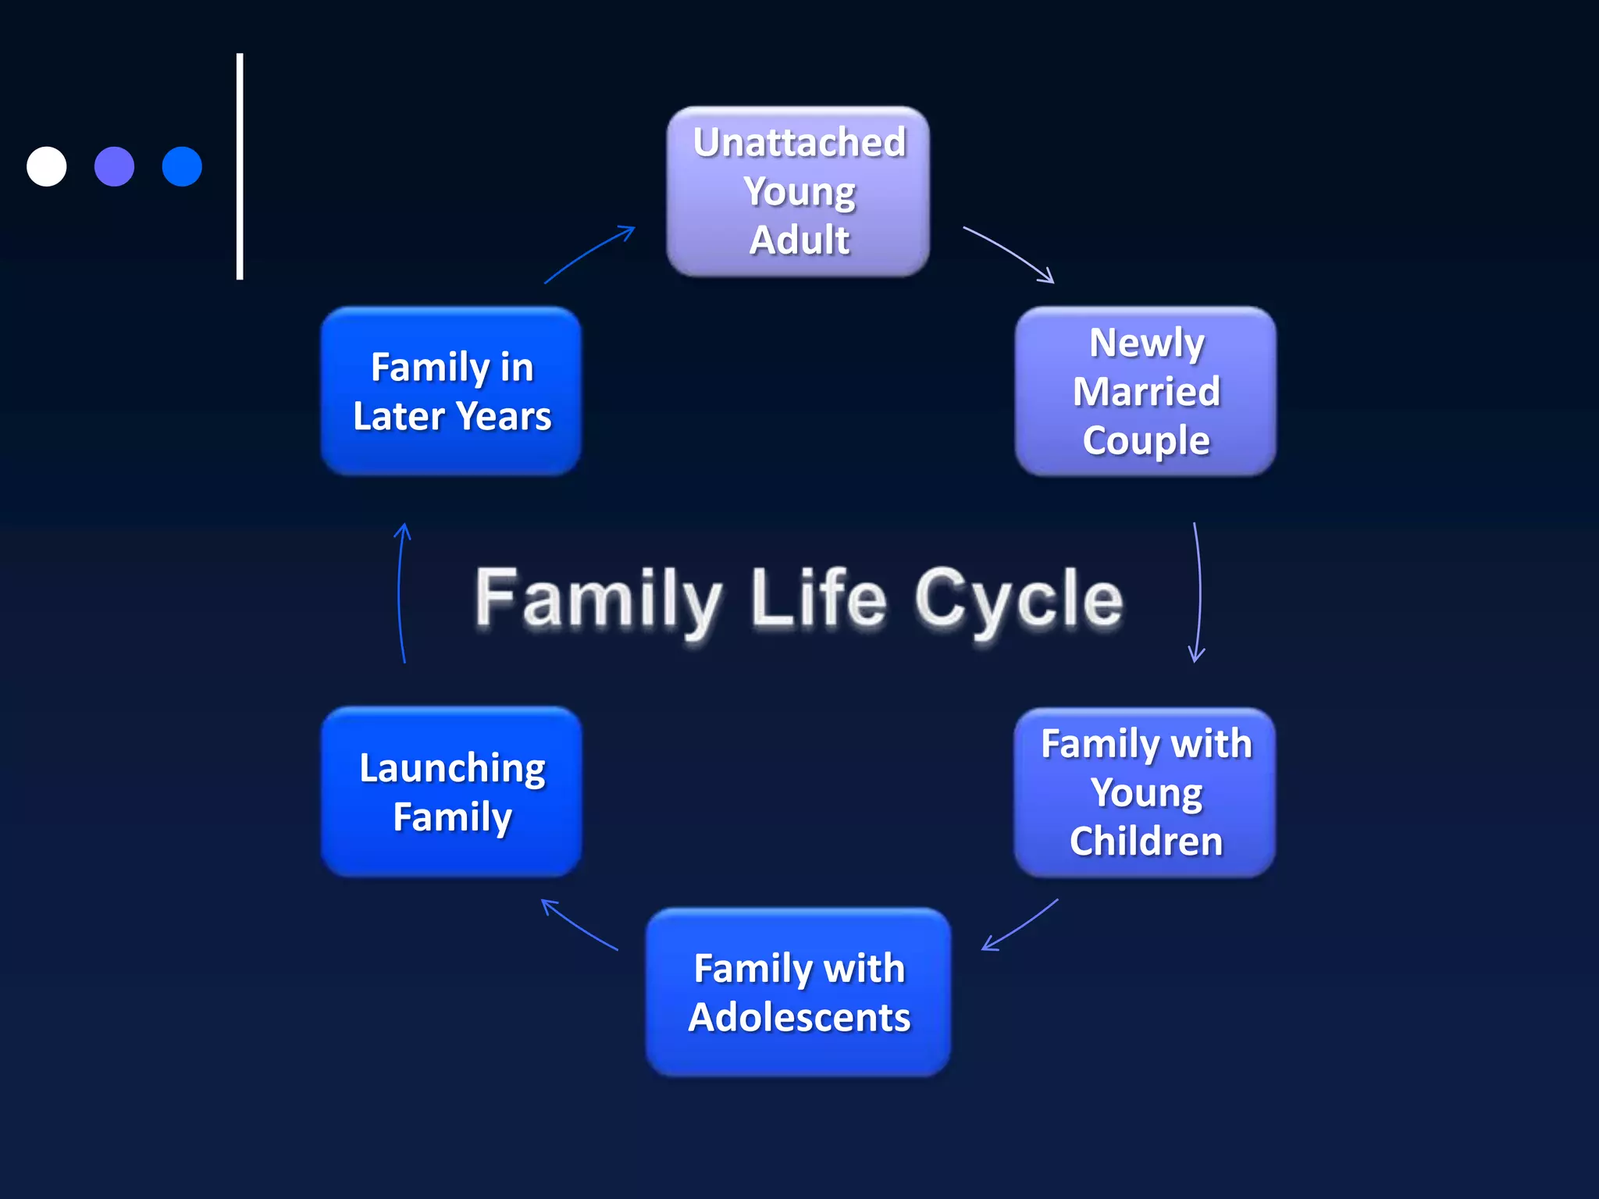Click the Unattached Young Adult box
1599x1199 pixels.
(798, 191)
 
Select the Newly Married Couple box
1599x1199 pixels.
(1145, 391)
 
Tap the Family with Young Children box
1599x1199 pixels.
(1145, 792)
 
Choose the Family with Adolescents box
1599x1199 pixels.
(798, 992)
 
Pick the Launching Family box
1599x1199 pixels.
(451, 792)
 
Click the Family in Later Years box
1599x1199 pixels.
(451, 391)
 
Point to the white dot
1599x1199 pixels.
(47, 166)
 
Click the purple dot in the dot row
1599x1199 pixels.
(114, 166)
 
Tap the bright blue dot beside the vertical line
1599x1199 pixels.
(182, 166)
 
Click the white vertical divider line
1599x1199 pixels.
(240, 166)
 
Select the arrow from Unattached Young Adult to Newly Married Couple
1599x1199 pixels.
(1009, 253)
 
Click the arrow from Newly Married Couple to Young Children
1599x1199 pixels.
(1198, 593)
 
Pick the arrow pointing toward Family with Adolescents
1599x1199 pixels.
(1020, 926)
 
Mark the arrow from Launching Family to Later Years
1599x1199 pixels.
(401, 593)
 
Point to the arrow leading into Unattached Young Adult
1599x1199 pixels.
(589, 253)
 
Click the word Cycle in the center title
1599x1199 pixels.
(1019, 599)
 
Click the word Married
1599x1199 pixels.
(1146, 391)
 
